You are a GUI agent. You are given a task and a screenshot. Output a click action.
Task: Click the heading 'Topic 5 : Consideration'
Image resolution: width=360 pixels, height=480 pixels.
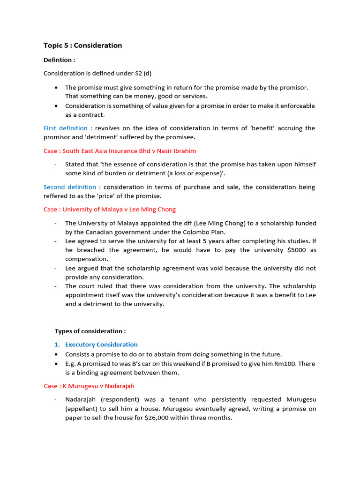click(82, 45)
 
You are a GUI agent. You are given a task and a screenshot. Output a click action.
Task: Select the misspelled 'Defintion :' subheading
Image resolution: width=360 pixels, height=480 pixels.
click(59, 60)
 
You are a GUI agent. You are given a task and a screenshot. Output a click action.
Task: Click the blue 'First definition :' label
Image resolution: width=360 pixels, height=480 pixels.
click(68, 128)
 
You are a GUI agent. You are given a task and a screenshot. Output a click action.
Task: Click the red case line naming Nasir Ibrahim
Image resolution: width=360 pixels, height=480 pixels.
click(120, 151)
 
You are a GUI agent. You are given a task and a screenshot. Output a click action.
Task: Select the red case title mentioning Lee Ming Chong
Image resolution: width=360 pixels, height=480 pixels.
click(110, 210)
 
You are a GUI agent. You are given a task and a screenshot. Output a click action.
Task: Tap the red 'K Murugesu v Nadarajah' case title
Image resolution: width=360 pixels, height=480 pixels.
click(89, 386)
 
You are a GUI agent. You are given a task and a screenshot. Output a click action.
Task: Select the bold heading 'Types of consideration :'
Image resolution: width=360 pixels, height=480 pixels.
click(90, 331)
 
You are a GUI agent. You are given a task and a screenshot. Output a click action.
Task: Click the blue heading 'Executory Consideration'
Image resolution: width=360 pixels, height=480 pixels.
click(101, 345)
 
